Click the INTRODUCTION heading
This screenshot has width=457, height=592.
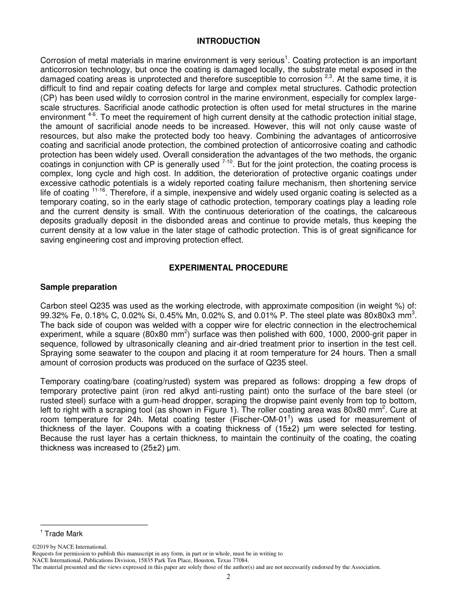click(x=228, y=41)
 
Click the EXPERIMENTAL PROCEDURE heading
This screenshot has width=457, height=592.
click(x=228, y=268)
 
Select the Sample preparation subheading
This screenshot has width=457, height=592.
click(x=78, y=287)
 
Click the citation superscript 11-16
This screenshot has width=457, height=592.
click(x=98, y=191)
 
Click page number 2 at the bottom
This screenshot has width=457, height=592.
click(x=228, y=578)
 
